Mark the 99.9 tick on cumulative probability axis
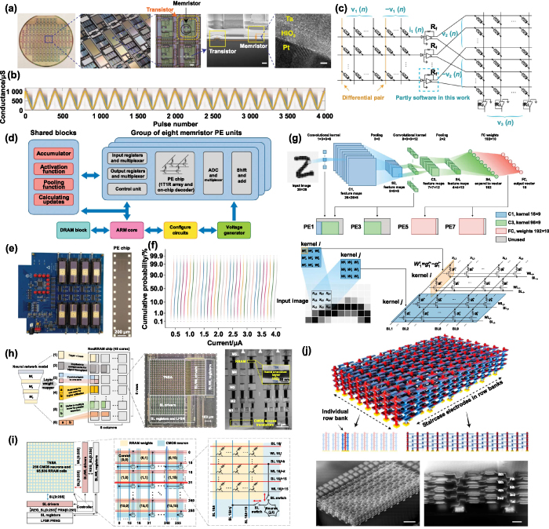154,269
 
